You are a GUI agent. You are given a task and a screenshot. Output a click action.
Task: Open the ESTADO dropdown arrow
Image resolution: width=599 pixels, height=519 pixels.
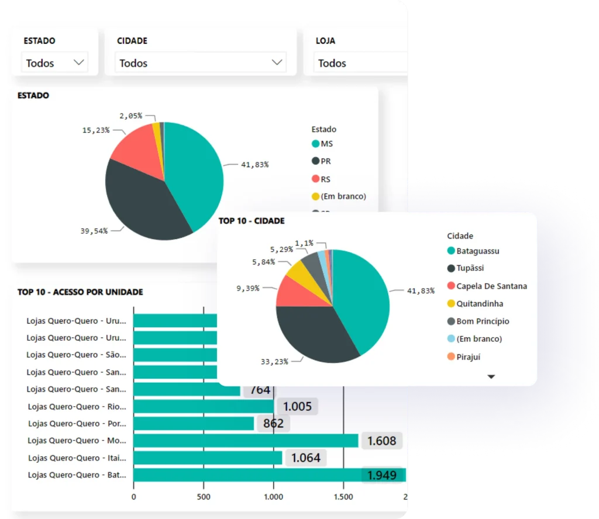pos(78,63)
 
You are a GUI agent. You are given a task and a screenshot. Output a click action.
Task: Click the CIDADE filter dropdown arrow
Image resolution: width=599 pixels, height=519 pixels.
pos(277,63)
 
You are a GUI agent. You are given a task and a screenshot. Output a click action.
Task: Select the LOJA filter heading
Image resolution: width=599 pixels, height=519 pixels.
pos(325,41)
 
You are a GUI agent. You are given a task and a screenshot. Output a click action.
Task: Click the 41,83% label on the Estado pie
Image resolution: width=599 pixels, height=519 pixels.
pos(254,165)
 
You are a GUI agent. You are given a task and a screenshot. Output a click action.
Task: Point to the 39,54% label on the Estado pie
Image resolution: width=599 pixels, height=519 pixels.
pos(94,231)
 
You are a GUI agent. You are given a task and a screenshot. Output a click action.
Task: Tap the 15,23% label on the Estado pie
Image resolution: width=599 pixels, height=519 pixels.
pos(96,130)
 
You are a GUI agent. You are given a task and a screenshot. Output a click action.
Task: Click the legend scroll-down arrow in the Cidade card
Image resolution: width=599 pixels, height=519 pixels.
pos(491,377)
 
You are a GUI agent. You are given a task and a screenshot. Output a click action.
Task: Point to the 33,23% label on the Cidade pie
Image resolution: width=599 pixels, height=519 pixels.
pos(274,362)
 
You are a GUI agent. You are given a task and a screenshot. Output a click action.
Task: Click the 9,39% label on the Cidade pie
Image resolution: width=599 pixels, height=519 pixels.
pos(247,288)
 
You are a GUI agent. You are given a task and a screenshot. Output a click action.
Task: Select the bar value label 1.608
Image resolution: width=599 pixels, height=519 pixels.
pos(382,441)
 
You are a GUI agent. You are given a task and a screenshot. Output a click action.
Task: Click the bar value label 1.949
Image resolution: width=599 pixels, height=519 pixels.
pos(382,475)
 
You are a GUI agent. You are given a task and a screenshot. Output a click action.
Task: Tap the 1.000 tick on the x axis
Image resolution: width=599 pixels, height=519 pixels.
pos(273,497)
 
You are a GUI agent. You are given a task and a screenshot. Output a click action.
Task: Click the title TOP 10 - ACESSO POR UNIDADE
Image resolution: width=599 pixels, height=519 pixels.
pos(80,292)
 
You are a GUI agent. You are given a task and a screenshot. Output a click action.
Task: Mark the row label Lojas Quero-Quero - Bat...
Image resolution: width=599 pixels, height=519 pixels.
pos(77,475)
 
